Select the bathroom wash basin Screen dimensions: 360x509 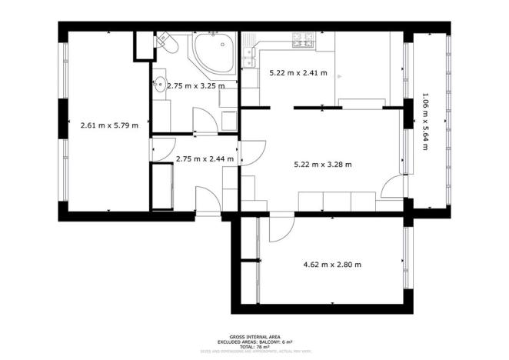pyautogui.click(x=159, y=85)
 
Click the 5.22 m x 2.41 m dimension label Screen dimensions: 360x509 pyautogui.click(x=298, y=74)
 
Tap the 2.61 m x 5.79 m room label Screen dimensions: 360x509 pyautogui.click(x=109, y=125)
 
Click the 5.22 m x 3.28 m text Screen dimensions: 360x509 pyautogui.click(x=323, y=164)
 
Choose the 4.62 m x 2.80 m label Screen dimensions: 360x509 pyautogui.click(x=332, y=265)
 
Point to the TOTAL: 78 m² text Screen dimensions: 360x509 pyautogui.click(x=254, y=347)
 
